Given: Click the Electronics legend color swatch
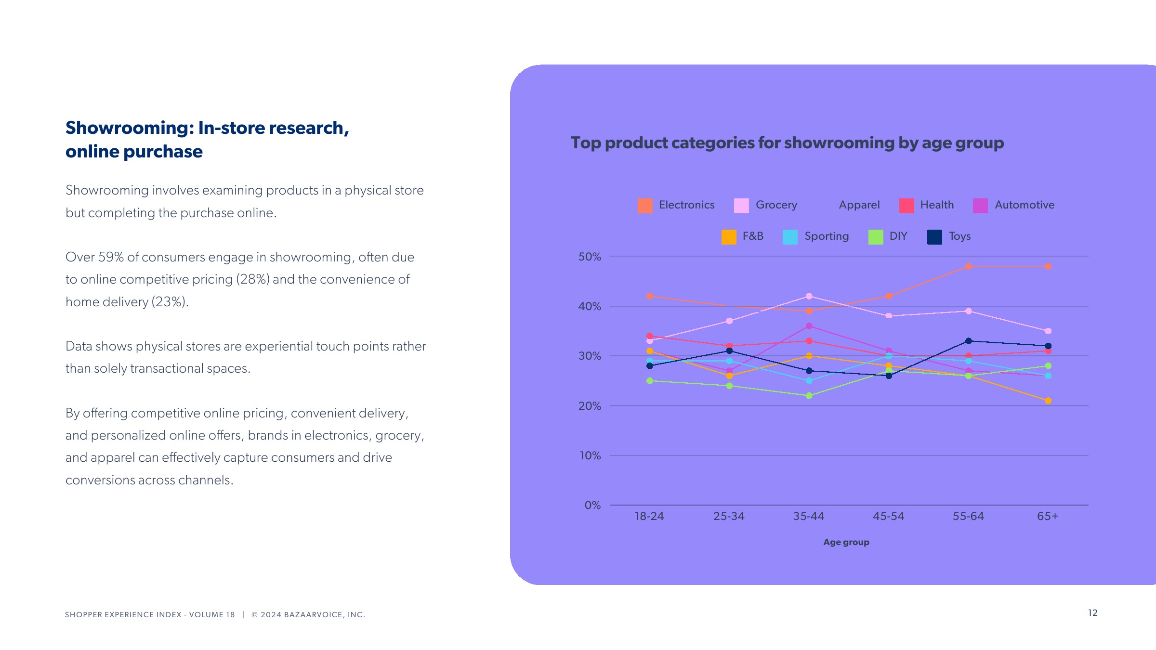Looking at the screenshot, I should (x=645, y=206).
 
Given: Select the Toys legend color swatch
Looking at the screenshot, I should (x=934, y=237).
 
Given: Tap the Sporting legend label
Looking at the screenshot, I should (x=827, y=236).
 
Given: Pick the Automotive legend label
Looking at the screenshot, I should (x=1025, y=205).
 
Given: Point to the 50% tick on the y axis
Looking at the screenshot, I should (x=590, y=257).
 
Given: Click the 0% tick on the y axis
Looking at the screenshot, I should (x=592, y=505).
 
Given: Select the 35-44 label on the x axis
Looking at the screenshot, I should (x=809, y=517).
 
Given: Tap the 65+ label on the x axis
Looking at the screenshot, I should (x=1048, y=517).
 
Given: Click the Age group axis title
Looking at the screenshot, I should (x=846, y=542).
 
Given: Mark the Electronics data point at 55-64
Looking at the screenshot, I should (x=968, y=266).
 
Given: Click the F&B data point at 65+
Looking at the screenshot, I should (x=1048, y=401).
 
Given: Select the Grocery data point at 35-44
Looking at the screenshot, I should (x=809, y=296).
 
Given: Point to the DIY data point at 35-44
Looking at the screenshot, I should (x=809, y=396).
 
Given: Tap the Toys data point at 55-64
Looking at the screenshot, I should (x=968, y=341).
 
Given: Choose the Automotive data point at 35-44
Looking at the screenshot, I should (x=809, y=326).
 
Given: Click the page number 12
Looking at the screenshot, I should (x=1092, y=613).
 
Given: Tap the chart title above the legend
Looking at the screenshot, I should (x=787, y=143).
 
